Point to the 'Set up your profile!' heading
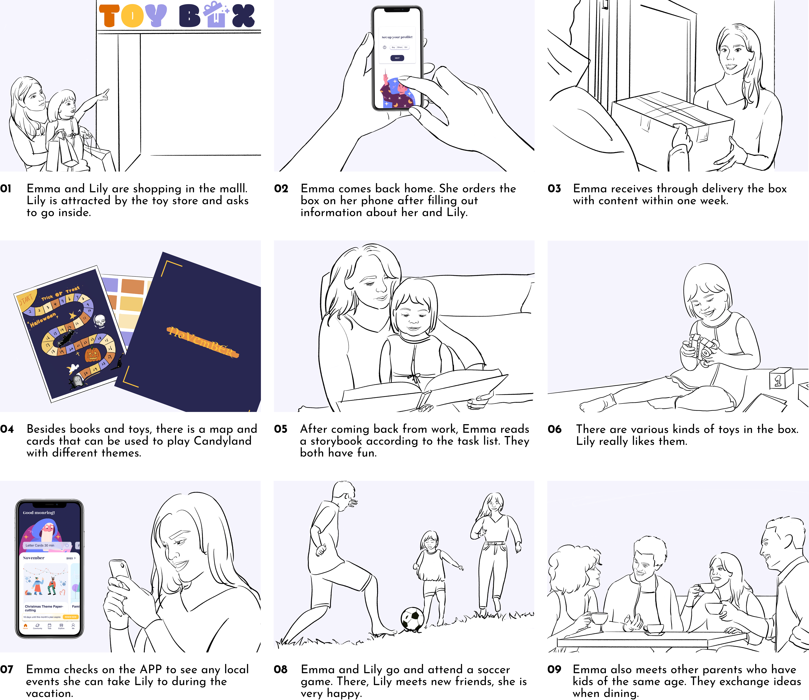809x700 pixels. pos(397,37)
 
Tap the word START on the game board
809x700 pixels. pos(26,300)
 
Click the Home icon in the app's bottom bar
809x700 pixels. pos(25,626)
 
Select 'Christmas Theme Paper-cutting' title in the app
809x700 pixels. pos(44,608)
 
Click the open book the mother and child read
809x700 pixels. pos(422,393)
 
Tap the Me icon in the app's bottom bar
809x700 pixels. pos(73,626)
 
